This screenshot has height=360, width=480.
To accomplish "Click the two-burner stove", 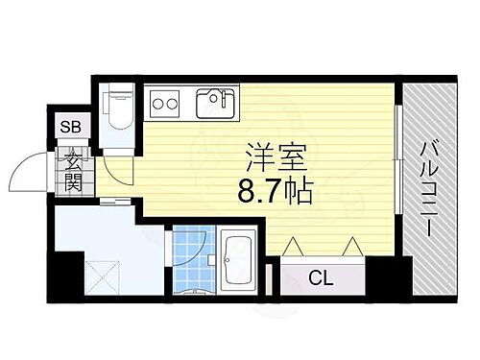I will coord(162,102).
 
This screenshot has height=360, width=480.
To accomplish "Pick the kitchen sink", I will coord(216,102).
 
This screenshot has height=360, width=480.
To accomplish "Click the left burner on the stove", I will coord(156,102).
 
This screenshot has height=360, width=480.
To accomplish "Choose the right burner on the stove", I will coord(170,102).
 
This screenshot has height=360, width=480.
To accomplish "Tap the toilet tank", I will coord(120,95).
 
